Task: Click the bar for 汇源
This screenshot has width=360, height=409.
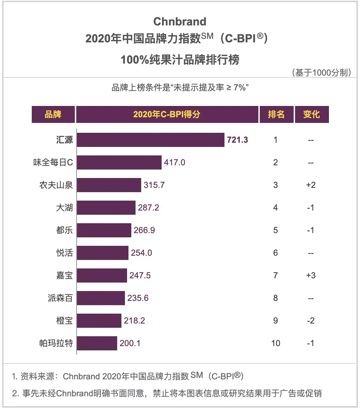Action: (x=151, y=140)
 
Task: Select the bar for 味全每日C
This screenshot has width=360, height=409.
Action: (x=119, y=162)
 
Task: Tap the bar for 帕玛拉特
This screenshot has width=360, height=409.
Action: (x=97, y=343)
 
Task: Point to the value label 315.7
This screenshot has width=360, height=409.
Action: (x=154, y=185)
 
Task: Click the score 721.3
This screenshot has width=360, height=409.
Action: (x=237, y=140)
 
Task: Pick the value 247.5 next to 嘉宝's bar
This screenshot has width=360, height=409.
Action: (x=140, y=275)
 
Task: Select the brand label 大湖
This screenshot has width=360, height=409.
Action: (x=64, y=207)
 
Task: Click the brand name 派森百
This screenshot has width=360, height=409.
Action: (x=60, y=298)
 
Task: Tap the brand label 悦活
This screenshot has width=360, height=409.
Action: (x=64, y=253)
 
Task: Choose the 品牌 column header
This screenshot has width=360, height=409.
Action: (x=53, y=114)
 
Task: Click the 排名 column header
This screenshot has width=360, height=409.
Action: (x=276, y=114)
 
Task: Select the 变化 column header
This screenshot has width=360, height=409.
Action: (x=312, y=114)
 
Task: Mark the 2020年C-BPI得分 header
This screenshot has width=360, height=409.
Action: (x=167, y=114)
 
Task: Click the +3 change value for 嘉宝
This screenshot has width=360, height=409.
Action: (x=311, y=275)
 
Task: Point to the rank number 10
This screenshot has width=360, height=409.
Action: (x=276, y=343)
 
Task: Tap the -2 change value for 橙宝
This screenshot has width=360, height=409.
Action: (x=311, y=321)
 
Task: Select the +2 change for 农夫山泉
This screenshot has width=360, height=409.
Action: (x=311, y=185)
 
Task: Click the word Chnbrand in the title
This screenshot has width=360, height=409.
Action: (x=180, y=22)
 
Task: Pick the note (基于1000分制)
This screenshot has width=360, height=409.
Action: (x=322, y=72)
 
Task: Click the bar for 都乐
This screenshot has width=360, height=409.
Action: (x=104, y=230)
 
